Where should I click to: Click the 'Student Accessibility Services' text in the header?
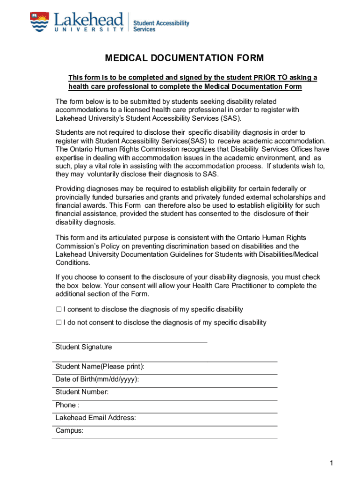click(161, 26)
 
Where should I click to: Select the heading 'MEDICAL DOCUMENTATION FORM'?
click(184, 58)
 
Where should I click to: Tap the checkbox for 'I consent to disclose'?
click(59, 309)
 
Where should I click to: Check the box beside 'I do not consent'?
click(59, 322)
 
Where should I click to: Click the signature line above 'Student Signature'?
click(130, 342)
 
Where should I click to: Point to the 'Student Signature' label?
click(84, 347)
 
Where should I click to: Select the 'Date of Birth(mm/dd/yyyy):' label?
click(97, 379)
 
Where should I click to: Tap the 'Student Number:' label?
click(82, 392)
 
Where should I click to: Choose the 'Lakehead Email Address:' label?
click(95, 418)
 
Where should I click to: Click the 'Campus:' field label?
click(69, 431)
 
